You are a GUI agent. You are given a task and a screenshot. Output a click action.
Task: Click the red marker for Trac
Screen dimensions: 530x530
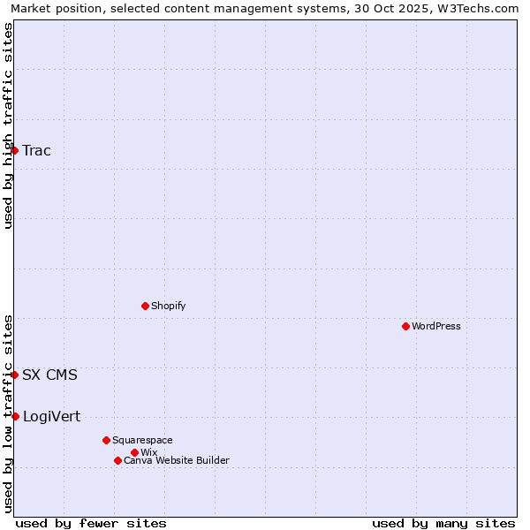tap(14, 150)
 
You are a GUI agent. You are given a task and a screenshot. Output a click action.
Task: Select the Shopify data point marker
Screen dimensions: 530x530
tap(145, 306)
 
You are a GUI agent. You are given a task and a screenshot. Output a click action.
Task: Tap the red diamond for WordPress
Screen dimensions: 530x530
tap(405, 326)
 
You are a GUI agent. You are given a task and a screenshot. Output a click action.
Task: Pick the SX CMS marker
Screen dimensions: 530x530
tap(14, 375)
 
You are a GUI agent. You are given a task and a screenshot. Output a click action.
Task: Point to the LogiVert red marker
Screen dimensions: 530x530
tap(15, 416)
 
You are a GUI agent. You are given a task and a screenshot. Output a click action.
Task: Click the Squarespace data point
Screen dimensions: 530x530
tap(106, 440)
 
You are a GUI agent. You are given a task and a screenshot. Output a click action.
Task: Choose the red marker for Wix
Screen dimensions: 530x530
tap(134, 452)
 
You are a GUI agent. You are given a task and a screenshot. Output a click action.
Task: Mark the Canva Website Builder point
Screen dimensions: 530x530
tap(117, 460)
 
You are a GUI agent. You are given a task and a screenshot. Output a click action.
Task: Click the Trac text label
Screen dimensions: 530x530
tap(36, 150)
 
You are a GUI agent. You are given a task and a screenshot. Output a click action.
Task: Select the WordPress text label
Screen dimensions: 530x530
tap(435, 326)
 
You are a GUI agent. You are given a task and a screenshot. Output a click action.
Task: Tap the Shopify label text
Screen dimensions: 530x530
tap(168, 306)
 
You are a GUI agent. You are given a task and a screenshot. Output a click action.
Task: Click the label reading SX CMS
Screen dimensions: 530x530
tap(49, 375)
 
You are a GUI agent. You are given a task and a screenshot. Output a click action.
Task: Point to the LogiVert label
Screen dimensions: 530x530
tap(51, 416)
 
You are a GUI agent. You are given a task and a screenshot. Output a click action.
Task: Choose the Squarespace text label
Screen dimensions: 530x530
tap(142, 440)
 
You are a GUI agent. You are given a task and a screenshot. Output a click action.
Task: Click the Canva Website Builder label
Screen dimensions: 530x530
tap(176, 460)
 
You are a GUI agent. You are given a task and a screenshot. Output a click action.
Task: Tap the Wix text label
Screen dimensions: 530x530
tap(148, 452)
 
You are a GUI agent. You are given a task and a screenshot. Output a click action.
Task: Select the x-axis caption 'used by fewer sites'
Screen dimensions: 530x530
tap(91, 523)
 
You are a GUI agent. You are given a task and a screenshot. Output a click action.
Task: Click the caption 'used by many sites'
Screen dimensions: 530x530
tap(443, 523)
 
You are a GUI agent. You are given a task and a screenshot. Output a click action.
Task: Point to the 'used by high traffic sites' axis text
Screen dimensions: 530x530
tap(8, 125)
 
